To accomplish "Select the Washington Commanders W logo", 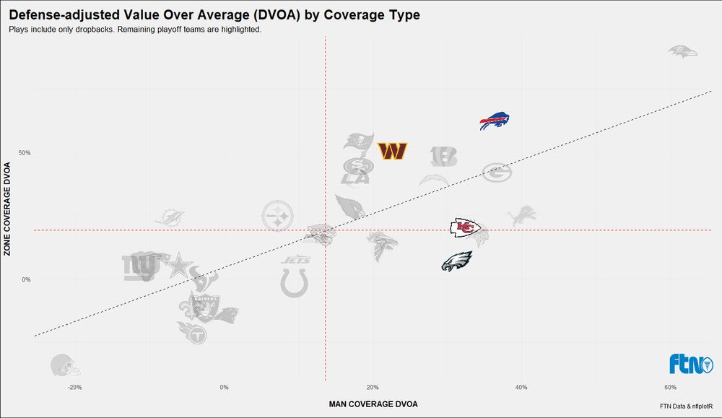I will pos(393,152).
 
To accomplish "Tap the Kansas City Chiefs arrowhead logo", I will pos(465,228).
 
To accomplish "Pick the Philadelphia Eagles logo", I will pos(456,261).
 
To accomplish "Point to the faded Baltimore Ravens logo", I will pos(682,51).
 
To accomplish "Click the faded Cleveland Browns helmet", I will pos(65,367).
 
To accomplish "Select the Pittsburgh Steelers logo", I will pos(278,215).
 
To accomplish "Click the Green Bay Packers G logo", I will pos(497,173).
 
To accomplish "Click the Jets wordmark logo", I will pos(296,260).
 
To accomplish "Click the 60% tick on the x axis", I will pos(669,388).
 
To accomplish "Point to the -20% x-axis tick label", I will pos(74,388).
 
